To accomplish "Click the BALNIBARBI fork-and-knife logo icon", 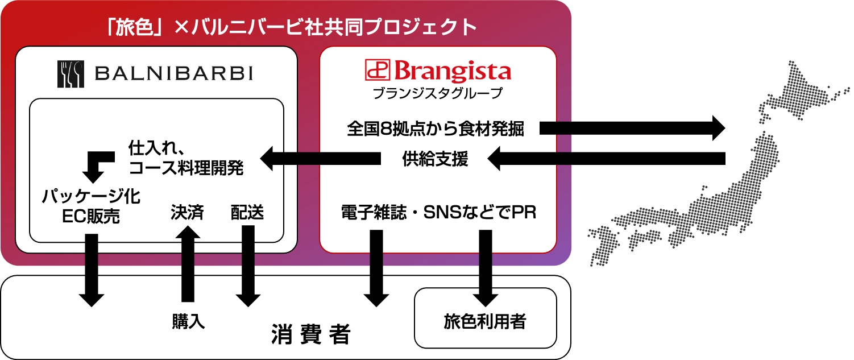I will (x=71, y=74).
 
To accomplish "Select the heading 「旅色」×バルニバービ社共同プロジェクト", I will (x=291, y=27).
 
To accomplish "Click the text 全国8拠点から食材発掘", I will (x=436, y=129).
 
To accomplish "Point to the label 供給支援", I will (x=435, y=160).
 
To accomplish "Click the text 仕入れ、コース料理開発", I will (x=186, y=159).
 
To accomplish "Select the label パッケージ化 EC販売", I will (x=91, y=206).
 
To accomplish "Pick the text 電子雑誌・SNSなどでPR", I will (x=438, y=212).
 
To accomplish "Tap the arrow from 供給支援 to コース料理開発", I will (x=320, y=159).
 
